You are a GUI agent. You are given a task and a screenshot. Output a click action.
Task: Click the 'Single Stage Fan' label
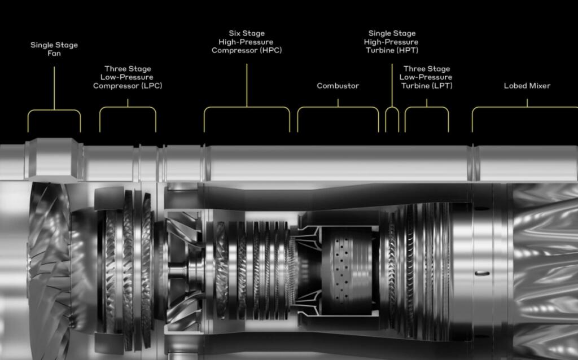54,49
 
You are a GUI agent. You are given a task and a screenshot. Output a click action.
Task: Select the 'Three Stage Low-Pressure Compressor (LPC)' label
128,77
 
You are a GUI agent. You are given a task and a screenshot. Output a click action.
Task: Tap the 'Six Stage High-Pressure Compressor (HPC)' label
247,42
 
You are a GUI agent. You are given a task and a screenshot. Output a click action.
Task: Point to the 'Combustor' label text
338,86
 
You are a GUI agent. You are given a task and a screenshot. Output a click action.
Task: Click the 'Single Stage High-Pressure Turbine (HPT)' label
392,42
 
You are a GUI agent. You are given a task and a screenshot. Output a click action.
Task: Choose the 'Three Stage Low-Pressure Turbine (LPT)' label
426,77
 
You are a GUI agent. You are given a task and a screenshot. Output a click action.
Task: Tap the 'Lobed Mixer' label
527,86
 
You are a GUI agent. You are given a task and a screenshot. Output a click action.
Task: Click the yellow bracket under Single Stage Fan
54,109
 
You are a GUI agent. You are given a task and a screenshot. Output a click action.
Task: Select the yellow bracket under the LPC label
128,107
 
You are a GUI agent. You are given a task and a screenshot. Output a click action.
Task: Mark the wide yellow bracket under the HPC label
247,107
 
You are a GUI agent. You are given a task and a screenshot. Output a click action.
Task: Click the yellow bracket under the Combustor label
338,107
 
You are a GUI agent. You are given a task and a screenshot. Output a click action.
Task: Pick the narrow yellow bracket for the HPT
392,107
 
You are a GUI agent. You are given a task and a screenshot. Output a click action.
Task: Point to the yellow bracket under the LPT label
427,107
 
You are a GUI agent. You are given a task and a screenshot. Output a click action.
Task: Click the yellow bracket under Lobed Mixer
527,107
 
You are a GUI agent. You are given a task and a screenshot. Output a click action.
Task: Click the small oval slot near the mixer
482,274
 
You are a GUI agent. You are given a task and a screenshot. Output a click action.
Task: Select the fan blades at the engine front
50,271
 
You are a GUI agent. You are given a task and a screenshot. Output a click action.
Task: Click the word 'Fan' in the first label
54,54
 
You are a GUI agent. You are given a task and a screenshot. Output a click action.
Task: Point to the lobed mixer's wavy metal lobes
546,271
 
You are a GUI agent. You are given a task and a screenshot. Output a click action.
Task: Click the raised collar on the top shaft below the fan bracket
54,160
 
